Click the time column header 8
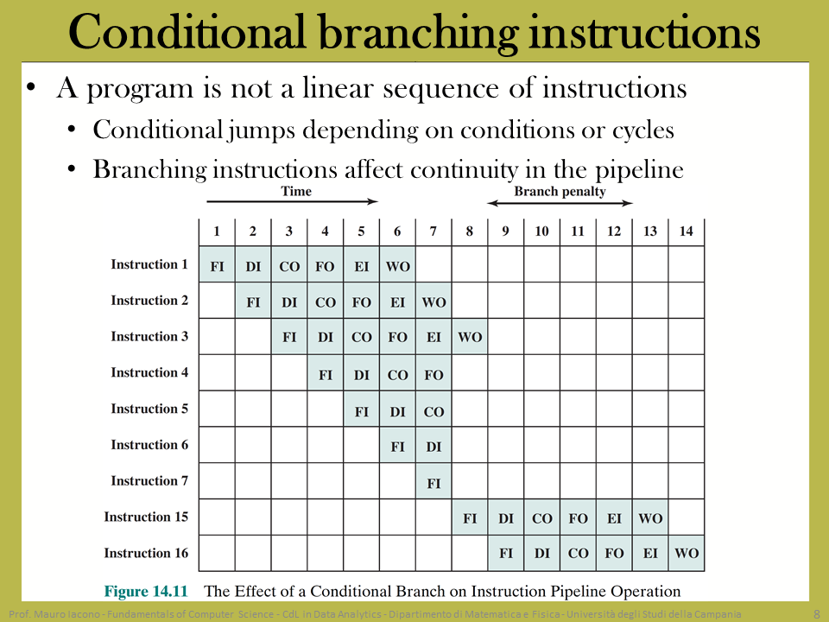[x=469, y=232]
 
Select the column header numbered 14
[x=686, y=232]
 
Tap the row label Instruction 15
[x=146, y=517]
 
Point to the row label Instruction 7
[x=149, y=481]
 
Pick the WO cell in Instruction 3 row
[x=470, y=336]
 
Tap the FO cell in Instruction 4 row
[x=433, y=373]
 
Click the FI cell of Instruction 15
[x=470, y=517]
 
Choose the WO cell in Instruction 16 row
[x=687, y=553]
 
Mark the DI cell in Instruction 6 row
[x=433, y=446]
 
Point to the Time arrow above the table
[x=293, y=201]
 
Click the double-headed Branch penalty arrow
[x=560, y=203]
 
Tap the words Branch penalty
[x=560, y=191]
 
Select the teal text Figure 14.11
[x=146, y=591]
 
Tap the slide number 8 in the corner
[x=817, y=613]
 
